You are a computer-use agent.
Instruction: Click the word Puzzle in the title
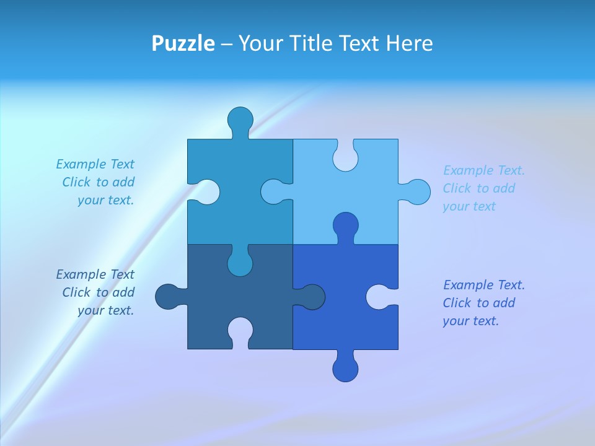point(183,43)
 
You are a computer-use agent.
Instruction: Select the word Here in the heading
point(408,43)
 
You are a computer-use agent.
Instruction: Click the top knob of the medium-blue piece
point(240,120)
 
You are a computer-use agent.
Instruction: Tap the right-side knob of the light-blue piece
point(416,192)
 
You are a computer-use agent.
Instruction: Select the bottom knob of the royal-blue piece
point(345,368)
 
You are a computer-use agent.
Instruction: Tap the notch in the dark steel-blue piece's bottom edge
point(240,331)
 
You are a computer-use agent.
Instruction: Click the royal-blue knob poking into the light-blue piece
point(345,225)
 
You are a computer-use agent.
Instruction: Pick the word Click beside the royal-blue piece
point(457,303)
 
